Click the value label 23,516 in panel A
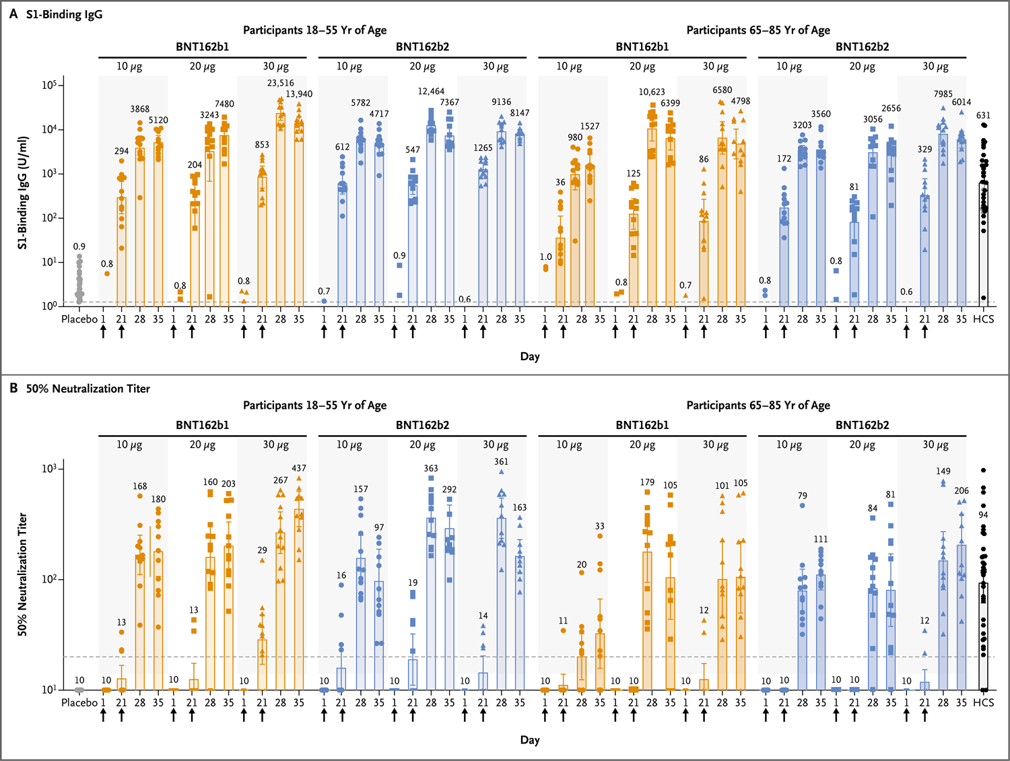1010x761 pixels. [280, 84]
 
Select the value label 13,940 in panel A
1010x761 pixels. [299, 94]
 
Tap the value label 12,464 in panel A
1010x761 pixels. [431, 92]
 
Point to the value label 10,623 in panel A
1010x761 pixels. [652, 92]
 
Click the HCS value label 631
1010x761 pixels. [983, 115]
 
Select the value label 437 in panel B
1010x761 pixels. [299, 468]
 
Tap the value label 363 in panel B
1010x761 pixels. [431, 468]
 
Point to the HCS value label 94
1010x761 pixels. [983, 515]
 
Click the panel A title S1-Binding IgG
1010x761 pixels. [64, 14]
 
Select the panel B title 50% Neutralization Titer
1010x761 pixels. [88, 389]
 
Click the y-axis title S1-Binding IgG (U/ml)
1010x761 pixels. [23, 193]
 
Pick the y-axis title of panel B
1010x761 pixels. [23, 574]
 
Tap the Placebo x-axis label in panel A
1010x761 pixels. [79, 319]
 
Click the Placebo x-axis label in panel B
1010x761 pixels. [79, 702]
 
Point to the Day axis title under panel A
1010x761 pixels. [530, 356]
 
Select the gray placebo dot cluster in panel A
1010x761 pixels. [79, 283]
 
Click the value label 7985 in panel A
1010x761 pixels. [943, 94]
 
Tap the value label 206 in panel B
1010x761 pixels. [962, 491]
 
